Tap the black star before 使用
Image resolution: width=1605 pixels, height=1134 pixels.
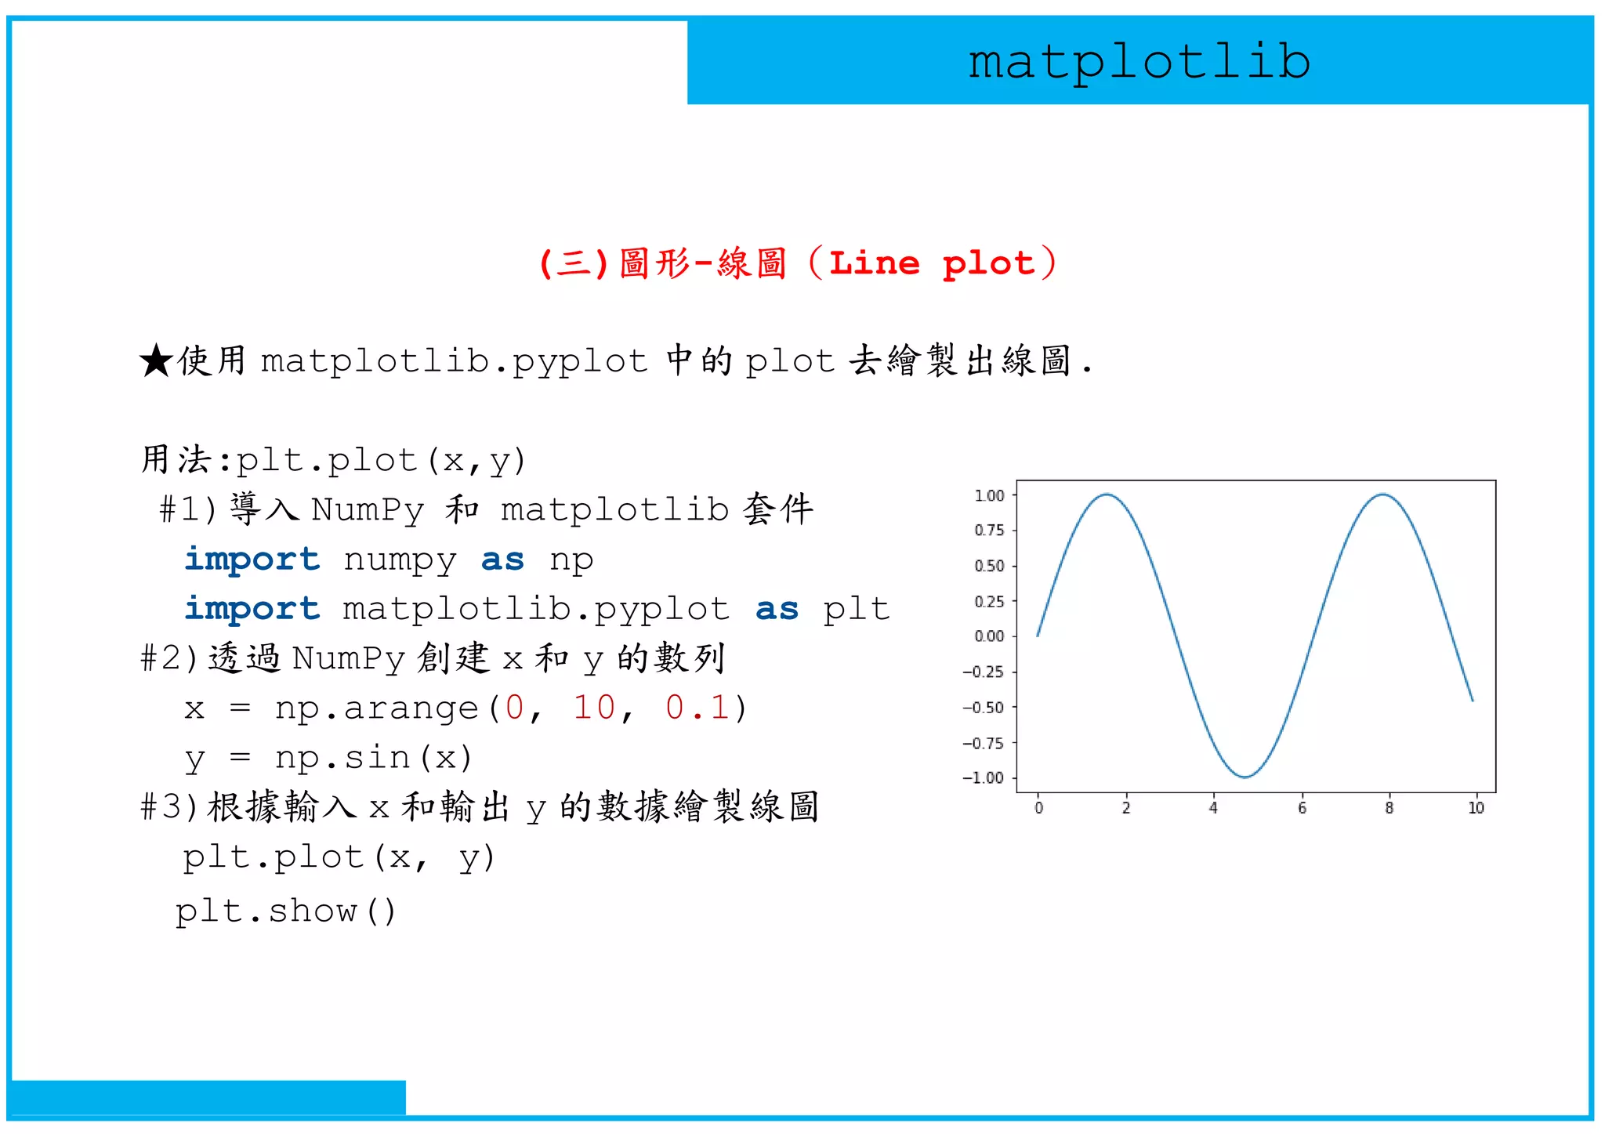click(156, 361)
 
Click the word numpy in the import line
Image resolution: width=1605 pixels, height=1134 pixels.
click(400, 560)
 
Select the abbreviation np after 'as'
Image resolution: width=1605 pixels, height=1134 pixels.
click(571, 560)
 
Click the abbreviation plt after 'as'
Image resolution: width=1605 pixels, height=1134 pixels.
click(856, 609)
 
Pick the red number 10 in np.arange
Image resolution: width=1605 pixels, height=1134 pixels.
click(594, 708)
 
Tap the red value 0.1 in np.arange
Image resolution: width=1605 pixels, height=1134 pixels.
click(697, 708)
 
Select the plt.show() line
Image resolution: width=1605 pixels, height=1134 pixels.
click(286, 911)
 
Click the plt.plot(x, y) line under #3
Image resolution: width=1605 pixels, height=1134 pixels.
click(339, 857)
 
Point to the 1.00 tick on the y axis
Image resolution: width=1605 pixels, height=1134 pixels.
click(989, 495)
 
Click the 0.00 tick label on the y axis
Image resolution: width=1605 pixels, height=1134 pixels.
click(989, 636)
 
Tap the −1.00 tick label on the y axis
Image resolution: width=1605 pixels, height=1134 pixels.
click(984, 777)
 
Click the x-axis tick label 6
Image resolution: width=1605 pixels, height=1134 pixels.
click(1302, 808)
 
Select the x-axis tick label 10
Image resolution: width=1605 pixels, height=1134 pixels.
click(1476, 808)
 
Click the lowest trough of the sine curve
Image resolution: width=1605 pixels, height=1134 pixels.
click(1245, 777)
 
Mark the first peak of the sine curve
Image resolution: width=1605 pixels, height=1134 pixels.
click(1107, 495)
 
